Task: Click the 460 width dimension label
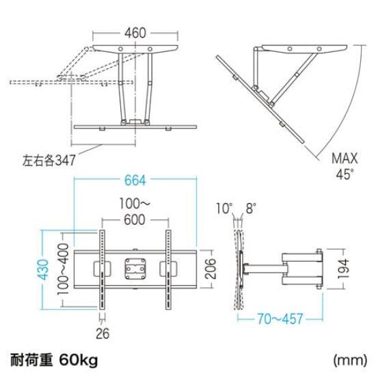pos(135,33)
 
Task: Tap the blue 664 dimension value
pos(135,180)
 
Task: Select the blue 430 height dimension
pos(44,269)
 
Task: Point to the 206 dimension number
pos(210,269)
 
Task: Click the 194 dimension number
pos(343,269)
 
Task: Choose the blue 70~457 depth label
pos(280,319)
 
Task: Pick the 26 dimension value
pos(103,334)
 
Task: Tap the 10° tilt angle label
pos(224,208)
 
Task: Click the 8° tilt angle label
pos(251,208)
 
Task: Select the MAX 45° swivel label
pos(345,166)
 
